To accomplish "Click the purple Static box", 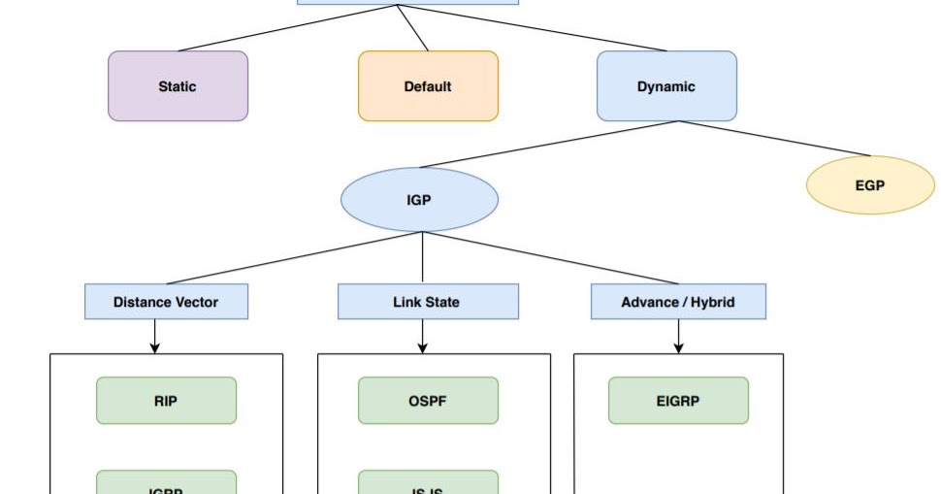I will click(x=178, y=86).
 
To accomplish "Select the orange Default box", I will click(x=428, y=86).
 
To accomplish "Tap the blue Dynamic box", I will click(x=666, y=86).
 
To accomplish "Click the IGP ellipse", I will click(x=419, y=200).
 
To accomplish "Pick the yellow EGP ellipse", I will click(x=870, y=184).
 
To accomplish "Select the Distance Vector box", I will click(x=166, y=302).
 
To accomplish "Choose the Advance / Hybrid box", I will click(x=678, y=302).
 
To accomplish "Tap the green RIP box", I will click(x=166, y=400).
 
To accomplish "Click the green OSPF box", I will click(x=428, y=400).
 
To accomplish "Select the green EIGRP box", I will click(x=678, y=400).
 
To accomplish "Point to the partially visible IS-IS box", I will click(x=428, y=483).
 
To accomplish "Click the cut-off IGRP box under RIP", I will click(x=166, y=483).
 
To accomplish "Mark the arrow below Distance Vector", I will click(x=154, y=336).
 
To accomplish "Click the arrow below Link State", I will click(x=422, y=336).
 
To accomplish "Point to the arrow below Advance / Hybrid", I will click(x=678, y=336).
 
